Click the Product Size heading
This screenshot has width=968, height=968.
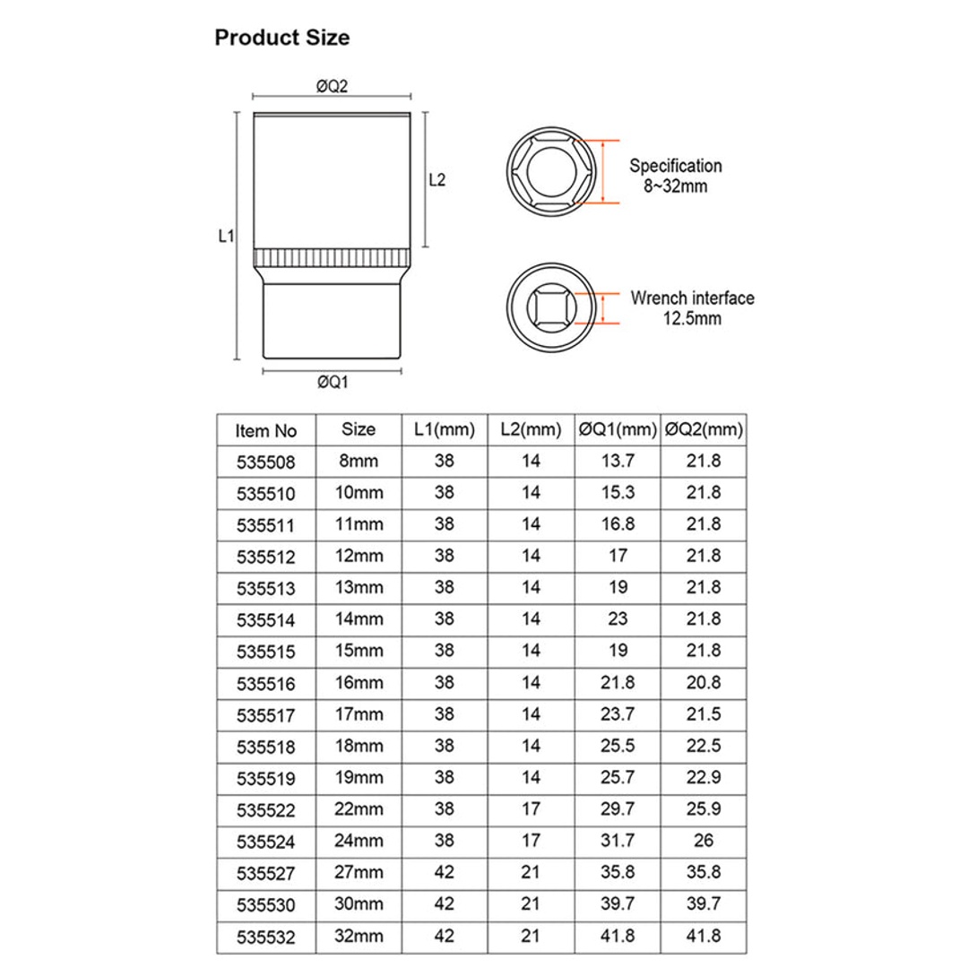click(281, 39)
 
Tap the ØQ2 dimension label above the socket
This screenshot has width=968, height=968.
click(332, 86)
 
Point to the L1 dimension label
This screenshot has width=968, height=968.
click(226, 237)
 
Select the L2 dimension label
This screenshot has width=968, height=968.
click(437, 179)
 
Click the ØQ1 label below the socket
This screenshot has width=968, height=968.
click(332, 382)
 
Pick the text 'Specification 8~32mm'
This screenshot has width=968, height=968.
click(675, 176)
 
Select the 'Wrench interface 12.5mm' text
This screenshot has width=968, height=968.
click(691, 308)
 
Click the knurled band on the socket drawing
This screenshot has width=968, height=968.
click(332, 259)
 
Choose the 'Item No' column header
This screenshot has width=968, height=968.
click(266, 431)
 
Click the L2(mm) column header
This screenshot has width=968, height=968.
click(531, 430)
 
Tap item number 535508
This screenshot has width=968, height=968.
click(266, 462)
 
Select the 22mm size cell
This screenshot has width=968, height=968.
click(359, 809)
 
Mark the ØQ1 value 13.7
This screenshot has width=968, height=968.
click(618, 462)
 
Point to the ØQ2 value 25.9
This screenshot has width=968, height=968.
click(704, 809)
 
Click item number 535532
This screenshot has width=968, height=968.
click(266, 938)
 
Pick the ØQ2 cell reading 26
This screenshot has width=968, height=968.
click(704, 841)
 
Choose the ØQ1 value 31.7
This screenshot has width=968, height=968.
click(618, 841)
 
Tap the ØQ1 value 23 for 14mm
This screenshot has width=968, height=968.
click(618, 618)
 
